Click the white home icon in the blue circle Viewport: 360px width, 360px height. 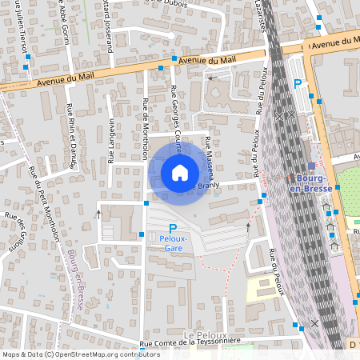(180, 173)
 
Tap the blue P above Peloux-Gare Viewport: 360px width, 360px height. (172, 228)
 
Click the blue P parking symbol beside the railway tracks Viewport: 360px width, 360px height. (298, 83)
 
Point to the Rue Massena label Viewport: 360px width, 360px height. (210, 156)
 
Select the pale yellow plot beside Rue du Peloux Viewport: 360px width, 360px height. (259, 288)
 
